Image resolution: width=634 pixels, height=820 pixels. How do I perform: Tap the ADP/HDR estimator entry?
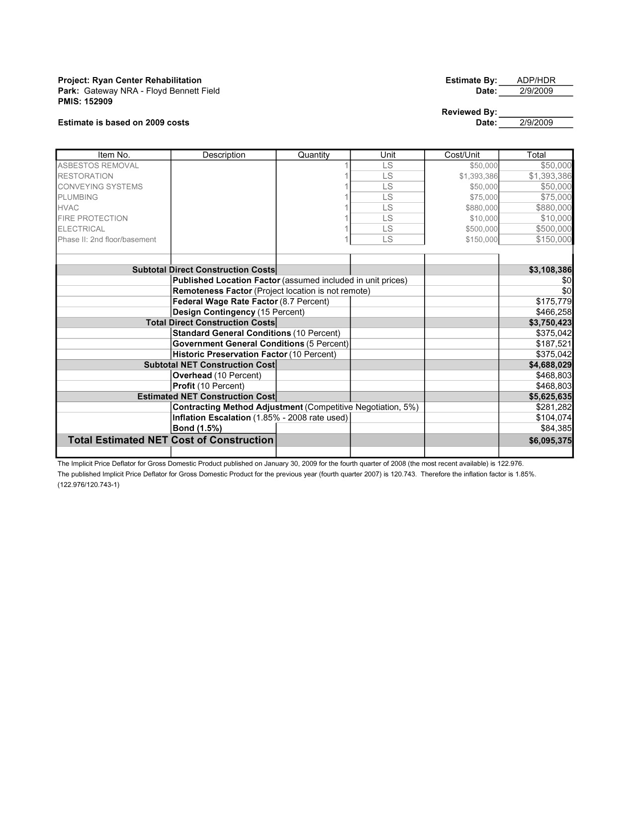pyautogui.click(x=536, y=81)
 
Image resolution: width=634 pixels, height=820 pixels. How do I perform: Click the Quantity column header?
pyautogui.click(x=313, y=155)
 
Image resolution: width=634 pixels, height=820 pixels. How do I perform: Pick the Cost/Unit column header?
pyautogui.click(x=461, y=155)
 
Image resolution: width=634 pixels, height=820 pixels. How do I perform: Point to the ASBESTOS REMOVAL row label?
pyautogui.click(x=98, y=165)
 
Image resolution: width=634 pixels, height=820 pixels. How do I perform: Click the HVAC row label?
pyautogui.click(x=69, y=208)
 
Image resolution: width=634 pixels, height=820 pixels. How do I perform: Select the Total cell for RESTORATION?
pyautogui.click(x=550, y=176)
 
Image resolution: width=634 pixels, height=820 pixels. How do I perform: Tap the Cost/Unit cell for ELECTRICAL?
pyautogui.click(x=481, y=229)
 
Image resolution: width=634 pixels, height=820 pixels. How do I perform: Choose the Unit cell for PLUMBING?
pyautogui.click(x=387, y=197)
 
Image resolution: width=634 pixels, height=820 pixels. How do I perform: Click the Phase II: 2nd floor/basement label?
pyautogui.click(x=107, y=240)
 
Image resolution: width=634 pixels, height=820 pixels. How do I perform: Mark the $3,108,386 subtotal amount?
pyautogui.click(x=550, y=270)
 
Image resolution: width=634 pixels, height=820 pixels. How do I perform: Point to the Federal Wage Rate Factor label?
pyautogui.click(x=225, y=302)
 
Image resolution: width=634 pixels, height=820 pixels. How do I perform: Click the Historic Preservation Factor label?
pyautogui.click(x=230, y=354)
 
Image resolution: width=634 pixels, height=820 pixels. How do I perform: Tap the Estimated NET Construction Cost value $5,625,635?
pyautogui.click(x=550, y=397)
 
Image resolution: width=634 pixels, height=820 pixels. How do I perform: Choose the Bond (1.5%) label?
pyautogui.click(x=197, y=428)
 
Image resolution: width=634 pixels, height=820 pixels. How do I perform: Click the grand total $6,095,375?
pyautogui.click(x=550, y=441)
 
